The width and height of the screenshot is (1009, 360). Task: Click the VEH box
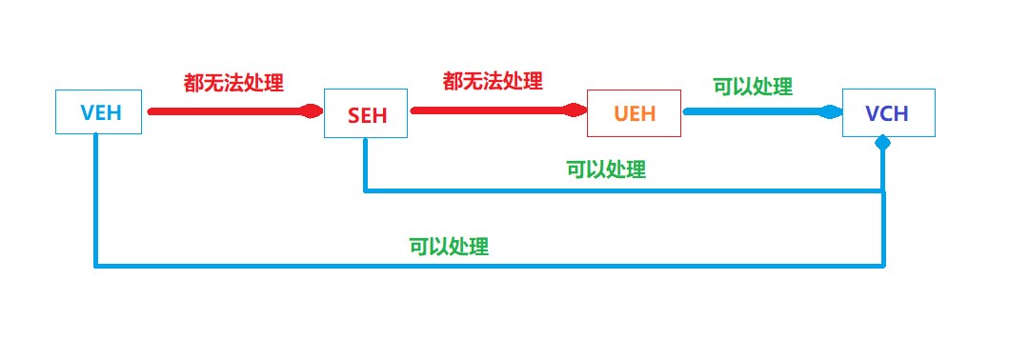[x=98, y=111]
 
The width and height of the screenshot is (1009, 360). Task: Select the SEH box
[x=366, y=115]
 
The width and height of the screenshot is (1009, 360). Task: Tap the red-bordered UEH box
[x=634, y=114]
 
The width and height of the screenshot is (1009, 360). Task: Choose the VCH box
[x=888, y=112]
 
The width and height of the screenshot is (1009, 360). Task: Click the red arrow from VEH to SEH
[x=229, y=111]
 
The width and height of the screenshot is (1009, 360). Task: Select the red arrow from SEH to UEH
[x=491, y=110]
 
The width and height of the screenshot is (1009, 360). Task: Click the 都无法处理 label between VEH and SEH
[x=233, y=83]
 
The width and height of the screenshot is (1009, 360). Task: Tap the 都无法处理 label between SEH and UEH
[x=493, y=81]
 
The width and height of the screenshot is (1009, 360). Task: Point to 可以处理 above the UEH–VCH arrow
[x=753, y=87]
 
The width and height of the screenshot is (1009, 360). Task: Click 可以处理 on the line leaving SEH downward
[x=606, y=170]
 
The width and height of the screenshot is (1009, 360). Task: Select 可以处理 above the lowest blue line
[x=449, y=247]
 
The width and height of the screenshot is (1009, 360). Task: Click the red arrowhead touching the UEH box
[x=575, y=110]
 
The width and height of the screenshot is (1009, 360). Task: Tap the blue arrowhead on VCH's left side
[x=831, y=111]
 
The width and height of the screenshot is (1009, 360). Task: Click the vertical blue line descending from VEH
[x=95, y=200]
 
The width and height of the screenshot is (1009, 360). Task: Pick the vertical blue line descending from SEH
[x=364, y=164]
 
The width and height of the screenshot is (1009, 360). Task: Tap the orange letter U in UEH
[x=620, y=114]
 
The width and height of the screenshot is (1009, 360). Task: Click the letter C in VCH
[x=887, y=113]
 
